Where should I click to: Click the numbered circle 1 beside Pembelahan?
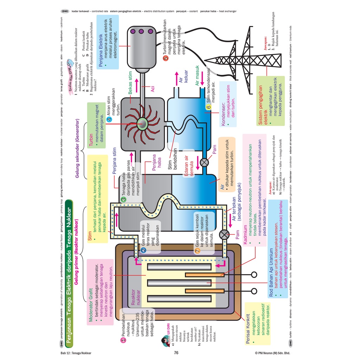point(123,340)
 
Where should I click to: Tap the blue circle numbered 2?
point(143,250)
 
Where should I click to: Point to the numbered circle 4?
point(109,119)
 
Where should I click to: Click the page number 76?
point(177,353)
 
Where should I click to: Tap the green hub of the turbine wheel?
point(143,123)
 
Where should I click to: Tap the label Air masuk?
point(197,76)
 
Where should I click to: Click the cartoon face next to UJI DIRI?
point(164,341)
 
